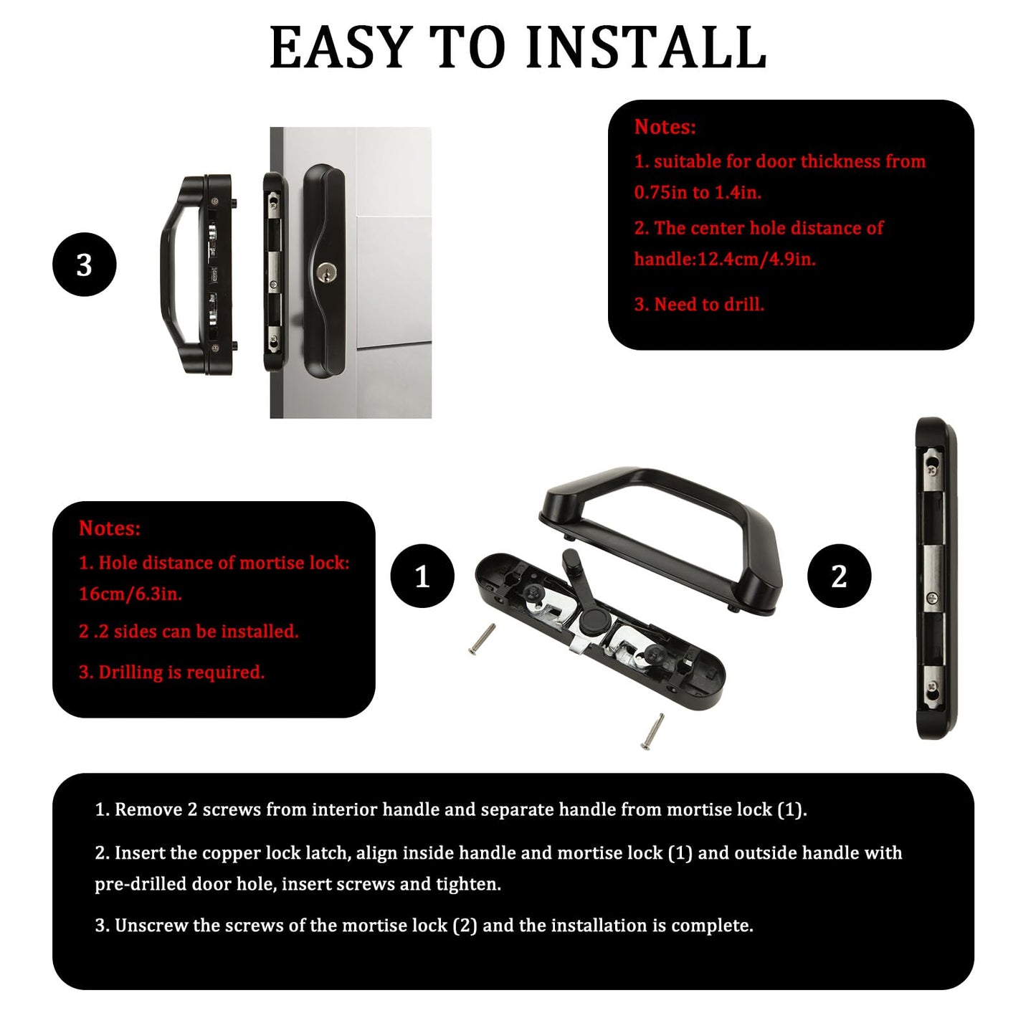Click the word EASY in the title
click(338, 47)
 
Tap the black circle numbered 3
click(84, 265)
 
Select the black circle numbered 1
click(422, 576)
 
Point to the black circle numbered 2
click(838, 576)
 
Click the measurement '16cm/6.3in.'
click(130, 594)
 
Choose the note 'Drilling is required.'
click(181, 672)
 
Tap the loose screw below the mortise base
click(652, 732)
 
